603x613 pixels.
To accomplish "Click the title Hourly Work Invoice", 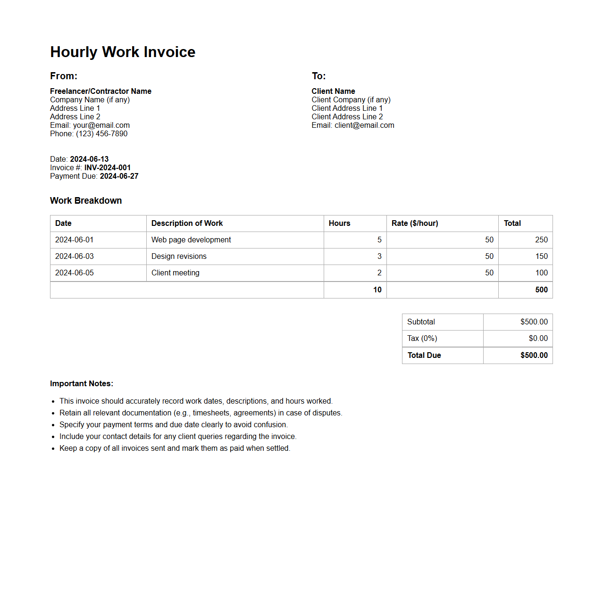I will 123,52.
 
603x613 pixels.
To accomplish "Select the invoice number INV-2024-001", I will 108,167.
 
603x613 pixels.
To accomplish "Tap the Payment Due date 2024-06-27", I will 119,176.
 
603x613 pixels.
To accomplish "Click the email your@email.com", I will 101,125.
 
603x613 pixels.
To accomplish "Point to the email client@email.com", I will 364,125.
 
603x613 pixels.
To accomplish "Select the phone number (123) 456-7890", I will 101,133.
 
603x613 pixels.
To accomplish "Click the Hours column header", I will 339,223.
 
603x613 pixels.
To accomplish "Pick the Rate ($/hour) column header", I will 415,223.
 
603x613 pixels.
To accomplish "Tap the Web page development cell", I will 191,240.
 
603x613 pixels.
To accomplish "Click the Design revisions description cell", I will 179,256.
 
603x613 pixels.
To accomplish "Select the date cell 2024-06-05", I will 75,273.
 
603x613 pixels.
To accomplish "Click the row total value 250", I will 541,240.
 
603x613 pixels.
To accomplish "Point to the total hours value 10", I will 377,290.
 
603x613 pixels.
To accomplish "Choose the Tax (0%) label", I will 422,338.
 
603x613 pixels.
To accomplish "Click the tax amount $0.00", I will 538,338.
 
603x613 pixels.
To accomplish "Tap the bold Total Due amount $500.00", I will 534,355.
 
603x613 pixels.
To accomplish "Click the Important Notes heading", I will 82,383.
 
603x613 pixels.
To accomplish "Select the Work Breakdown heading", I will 86,200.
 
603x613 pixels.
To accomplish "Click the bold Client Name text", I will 333,91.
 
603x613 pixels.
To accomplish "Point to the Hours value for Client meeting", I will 379,273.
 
